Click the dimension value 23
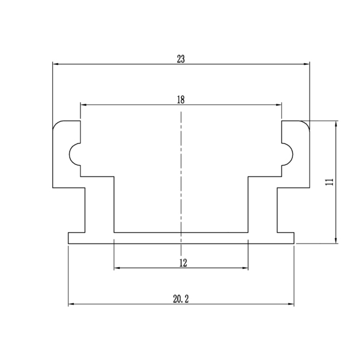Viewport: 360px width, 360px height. tap(181, 59)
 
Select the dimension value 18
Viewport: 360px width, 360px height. tap(181, 100)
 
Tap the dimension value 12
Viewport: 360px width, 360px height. tap(183, 263)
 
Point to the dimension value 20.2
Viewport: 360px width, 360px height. tap(181, 299)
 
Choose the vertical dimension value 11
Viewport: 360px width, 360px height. tap(329, 182)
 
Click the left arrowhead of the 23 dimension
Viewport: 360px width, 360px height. tap(56, 64)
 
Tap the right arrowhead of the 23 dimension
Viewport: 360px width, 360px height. tap(307, 64)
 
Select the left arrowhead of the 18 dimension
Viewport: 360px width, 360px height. tap(83, 105)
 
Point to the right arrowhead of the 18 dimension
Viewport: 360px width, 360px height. tap(279, 105)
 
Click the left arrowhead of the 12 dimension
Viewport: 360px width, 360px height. tap(117, 268)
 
